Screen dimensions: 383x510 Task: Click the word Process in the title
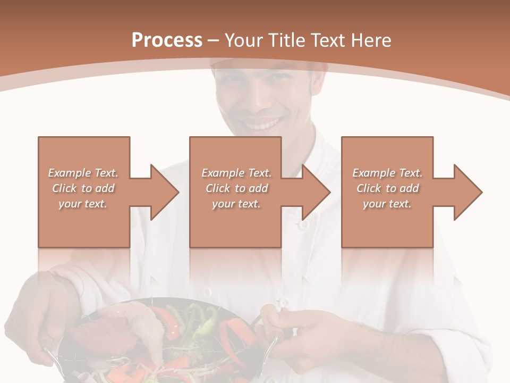click(167, 40)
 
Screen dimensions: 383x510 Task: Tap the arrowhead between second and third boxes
click(316, 192)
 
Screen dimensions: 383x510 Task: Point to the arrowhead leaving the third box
click(467, 192)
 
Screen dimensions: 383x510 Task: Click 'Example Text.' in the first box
click(83, 173)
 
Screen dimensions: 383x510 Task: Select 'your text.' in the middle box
click(236, 204)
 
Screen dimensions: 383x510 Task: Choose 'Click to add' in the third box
click(387, 188)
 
